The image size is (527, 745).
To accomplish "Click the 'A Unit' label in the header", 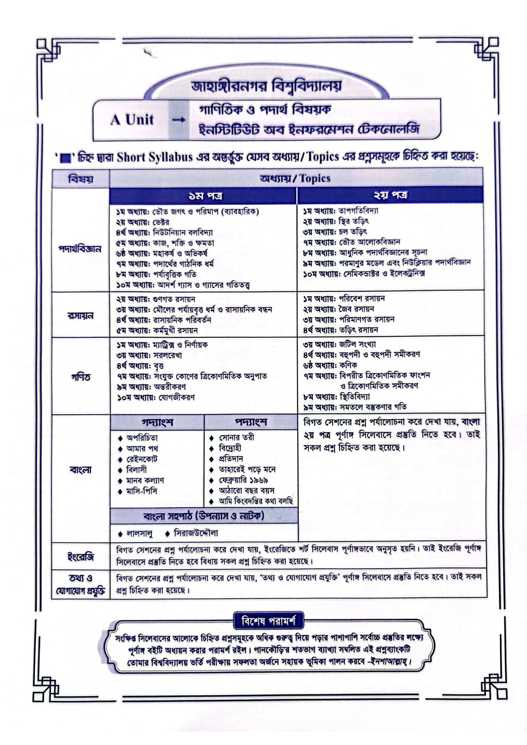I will click(x=132, y=119).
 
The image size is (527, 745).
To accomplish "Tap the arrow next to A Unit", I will click(x=179, y=120).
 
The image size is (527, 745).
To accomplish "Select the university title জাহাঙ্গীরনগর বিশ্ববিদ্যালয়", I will click(x=266, y=86).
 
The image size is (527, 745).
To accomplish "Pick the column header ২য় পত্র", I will click(x=391, y=196).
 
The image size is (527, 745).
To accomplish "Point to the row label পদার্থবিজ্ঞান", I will click(x=80, y=250).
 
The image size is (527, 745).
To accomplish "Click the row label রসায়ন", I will click(x=80, y=315).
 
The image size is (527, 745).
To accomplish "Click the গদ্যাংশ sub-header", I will click(x=157, y=422).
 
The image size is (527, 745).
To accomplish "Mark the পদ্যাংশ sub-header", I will click(x=251, y=422).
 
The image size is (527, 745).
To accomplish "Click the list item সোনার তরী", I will click(x=236, y=437).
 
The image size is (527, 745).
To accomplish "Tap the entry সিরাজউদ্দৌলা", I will click(x=196, y=533).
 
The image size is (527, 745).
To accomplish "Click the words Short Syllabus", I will click(x=155, y=157).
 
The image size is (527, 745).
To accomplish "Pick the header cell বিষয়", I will click(x=81, y=179).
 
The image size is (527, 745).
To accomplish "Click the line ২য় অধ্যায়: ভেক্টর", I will click(x=143, y=222).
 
